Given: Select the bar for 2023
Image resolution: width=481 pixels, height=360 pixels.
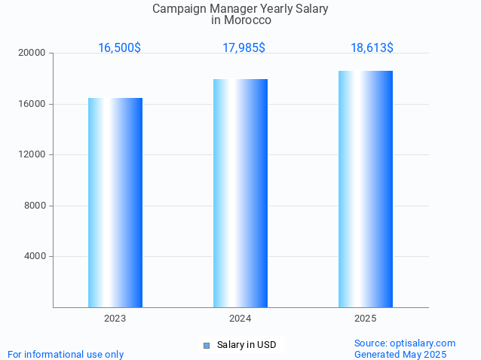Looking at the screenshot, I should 115,203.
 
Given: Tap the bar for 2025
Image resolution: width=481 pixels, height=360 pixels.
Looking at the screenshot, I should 366,189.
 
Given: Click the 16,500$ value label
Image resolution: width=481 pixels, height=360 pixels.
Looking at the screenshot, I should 119,47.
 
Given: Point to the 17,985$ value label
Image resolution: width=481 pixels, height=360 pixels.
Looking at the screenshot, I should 244,47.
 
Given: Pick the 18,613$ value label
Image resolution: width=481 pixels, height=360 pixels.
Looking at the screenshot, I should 372,47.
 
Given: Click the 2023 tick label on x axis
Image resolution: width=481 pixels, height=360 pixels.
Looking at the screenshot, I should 115,319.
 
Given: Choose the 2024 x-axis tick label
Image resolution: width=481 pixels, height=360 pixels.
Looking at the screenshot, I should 240,319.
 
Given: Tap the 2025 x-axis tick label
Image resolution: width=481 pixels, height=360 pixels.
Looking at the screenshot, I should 366,319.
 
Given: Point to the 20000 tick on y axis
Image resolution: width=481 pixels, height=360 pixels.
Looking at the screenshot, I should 33,53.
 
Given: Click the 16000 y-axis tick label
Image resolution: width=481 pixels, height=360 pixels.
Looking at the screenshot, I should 33,104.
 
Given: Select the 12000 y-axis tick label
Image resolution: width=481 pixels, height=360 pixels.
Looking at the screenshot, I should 33,155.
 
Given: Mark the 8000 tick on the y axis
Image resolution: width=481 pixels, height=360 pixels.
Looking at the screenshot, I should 35,206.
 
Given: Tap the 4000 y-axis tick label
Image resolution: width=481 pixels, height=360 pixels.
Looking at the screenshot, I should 35,257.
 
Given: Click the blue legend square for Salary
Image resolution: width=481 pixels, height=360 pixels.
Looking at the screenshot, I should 206,346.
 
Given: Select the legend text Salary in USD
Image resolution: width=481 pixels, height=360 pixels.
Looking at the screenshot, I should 247,345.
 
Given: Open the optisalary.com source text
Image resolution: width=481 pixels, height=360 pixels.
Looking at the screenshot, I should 405,343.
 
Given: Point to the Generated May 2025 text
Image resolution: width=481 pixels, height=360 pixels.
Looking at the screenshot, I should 400,354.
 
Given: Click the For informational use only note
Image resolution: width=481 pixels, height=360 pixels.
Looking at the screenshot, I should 66,354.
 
